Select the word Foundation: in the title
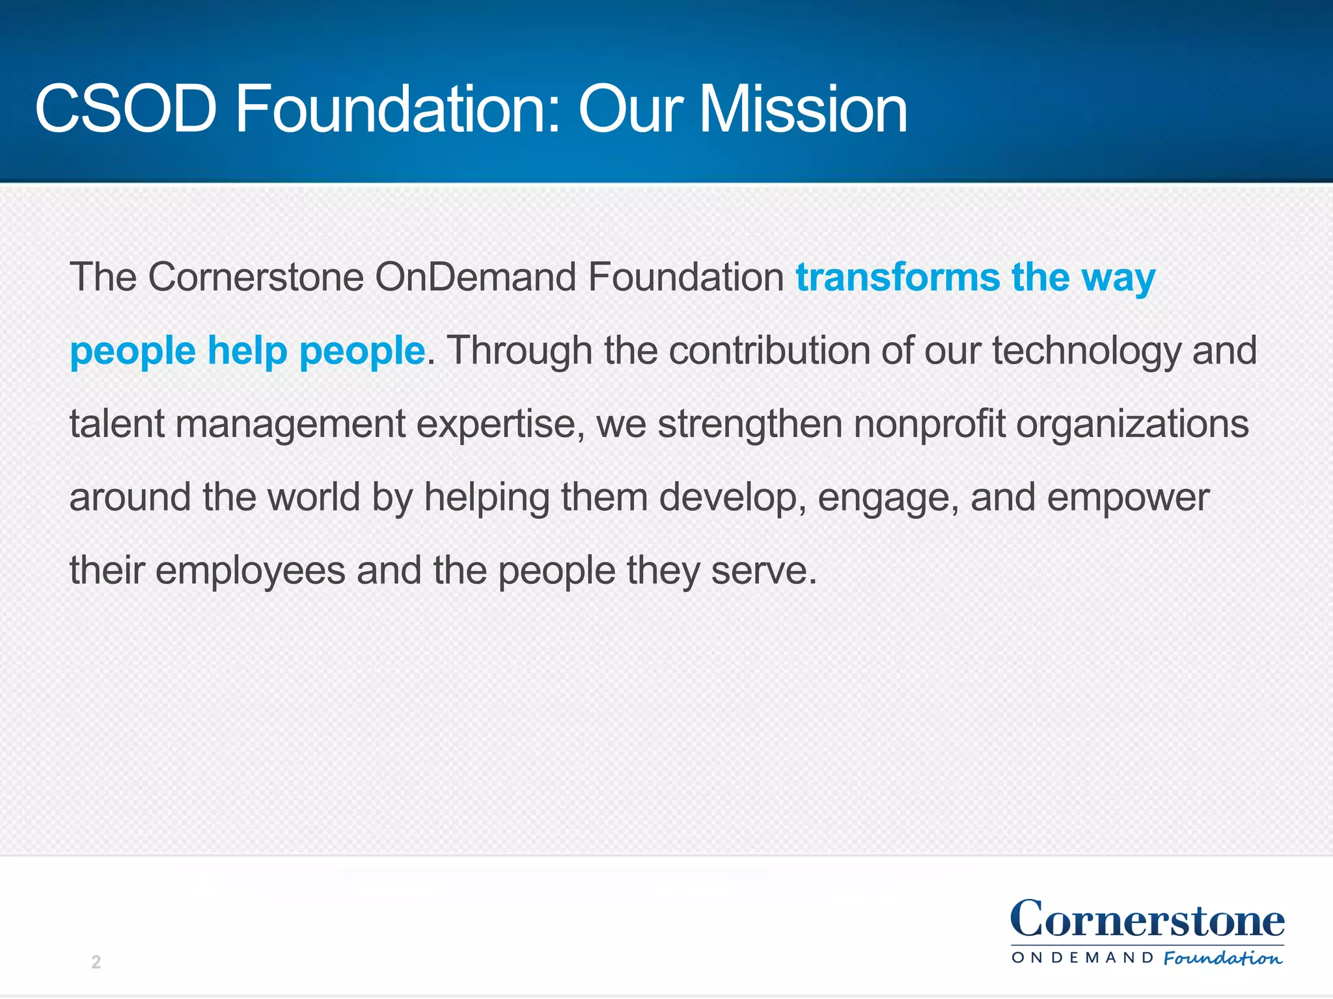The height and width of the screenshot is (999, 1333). point(397,109)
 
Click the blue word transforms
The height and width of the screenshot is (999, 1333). point(897,278)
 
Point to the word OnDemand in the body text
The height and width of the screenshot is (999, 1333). point(475,278)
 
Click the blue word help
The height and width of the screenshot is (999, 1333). point(247,351)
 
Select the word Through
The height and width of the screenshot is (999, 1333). point(519,351)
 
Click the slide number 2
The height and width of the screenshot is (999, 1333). point(96,962)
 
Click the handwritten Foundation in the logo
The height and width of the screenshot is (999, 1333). point(1222,958)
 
